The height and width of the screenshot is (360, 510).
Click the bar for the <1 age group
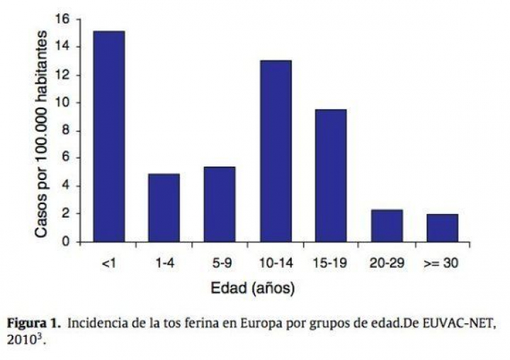point(108,136)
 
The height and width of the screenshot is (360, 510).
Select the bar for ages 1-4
point(164,208)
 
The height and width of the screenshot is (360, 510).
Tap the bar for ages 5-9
point(219,204)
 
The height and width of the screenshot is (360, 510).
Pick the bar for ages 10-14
point(276,151)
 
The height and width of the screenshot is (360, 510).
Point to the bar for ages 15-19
point(331,175)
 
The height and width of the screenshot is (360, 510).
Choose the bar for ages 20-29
point(386,225)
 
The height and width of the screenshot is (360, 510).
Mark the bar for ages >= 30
point(442,227)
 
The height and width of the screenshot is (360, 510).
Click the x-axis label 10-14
point(276,263)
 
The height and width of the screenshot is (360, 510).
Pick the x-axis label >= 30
point(442,263)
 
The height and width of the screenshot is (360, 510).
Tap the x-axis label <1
point(108,263)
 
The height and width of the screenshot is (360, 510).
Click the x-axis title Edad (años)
point(253,288)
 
